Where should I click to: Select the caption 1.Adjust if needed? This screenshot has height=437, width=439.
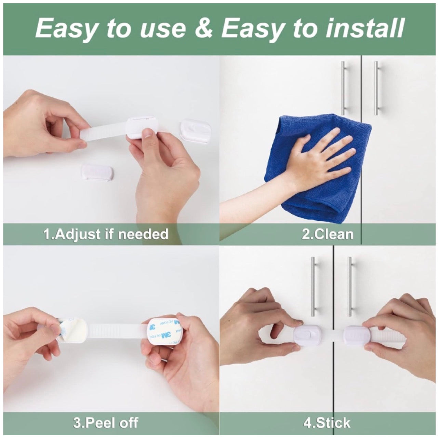106,234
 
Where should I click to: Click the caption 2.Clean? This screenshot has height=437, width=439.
327,234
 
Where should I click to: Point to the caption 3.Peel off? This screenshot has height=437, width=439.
106,422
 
